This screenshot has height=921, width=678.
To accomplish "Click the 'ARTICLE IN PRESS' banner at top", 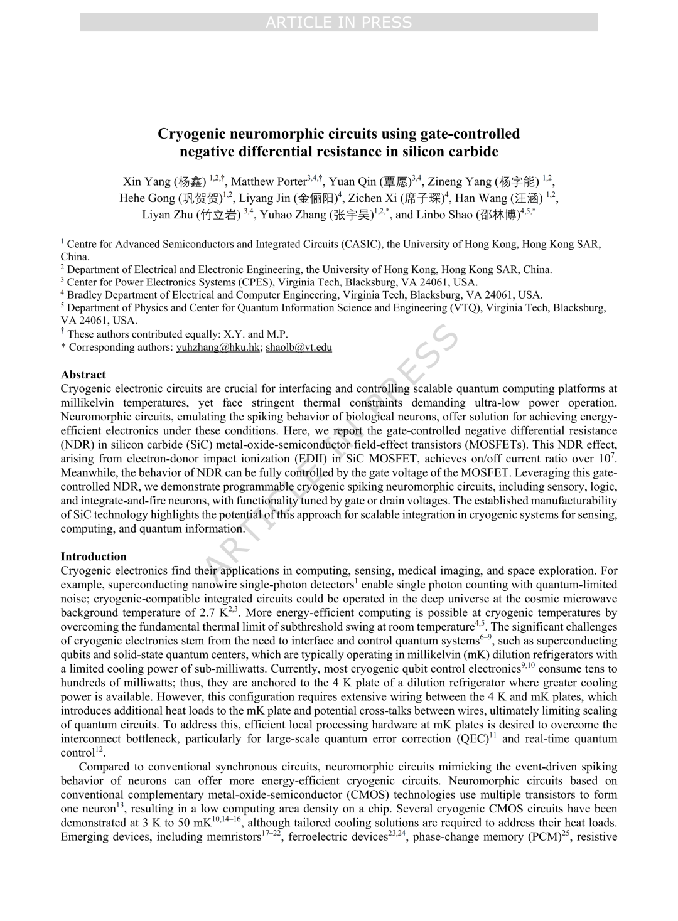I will click(x=338, y=23).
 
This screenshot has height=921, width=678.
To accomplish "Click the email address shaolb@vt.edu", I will click(x=299, y=347).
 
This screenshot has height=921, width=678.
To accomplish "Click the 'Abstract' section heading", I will click(x=83, y=375).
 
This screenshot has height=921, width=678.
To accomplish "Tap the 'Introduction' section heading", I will click(x=94, y=556).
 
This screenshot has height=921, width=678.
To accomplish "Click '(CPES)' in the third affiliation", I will click(x=257, y=282).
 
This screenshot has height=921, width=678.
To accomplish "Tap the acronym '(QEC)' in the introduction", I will click(x=473, y=739).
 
